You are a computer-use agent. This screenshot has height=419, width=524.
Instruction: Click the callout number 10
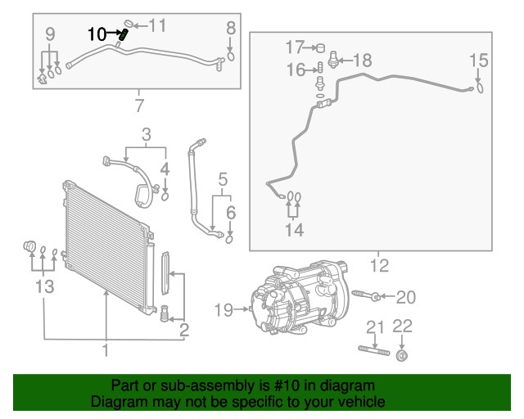(x=97, y=34)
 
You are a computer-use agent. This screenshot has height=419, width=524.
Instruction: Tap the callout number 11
(x=156, y=25)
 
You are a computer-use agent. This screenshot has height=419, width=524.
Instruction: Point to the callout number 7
(x=138, y=105)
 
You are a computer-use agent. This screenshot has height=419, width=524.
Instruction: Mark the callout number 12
(x=378, y=265)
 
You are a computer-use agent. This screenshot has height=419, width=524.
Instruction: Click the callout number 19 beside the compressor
(x=224, y=309)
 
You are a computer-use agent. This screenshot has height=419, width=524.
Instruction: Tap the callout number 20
(x=406, y=296)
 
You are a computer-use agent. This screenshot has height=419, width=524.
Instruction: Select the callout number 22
(x=402, y=327)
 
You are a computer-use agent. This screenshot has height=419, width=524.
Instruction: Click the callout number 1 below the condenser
(x=106, y=351)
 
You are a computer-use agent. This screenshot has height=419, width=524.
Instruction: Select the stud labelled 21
(x=373, y=350)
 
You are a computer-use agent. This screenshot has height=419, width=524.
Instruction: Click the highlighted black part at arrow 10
(x=123, y=34)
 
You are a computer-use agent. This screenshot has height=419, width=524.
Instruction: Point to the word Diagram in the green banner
(x=121, y=403)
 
